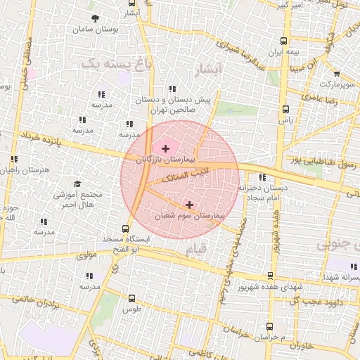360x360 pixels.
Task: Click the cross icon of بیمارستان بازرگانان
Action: click(165, 148)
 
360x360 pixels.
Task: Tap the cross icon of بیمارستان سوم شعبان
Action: click(189, 204)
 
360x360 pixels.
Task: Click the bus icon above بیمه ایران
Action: click(283, 41)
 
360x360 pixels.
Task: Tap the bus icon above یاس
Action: click(285, 109)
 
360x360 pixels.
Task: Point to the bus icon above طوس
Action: click(132, 298)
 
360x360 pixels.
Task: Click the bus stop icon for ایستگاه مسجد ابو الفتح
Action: click(125, 229)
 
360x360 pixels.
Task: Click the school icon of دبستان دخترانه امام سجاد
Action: click(263, 177)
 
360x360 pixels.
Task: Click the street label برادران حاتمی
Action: click(33, 302)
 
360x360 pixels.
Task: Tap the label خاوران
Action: click(299, 345)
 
